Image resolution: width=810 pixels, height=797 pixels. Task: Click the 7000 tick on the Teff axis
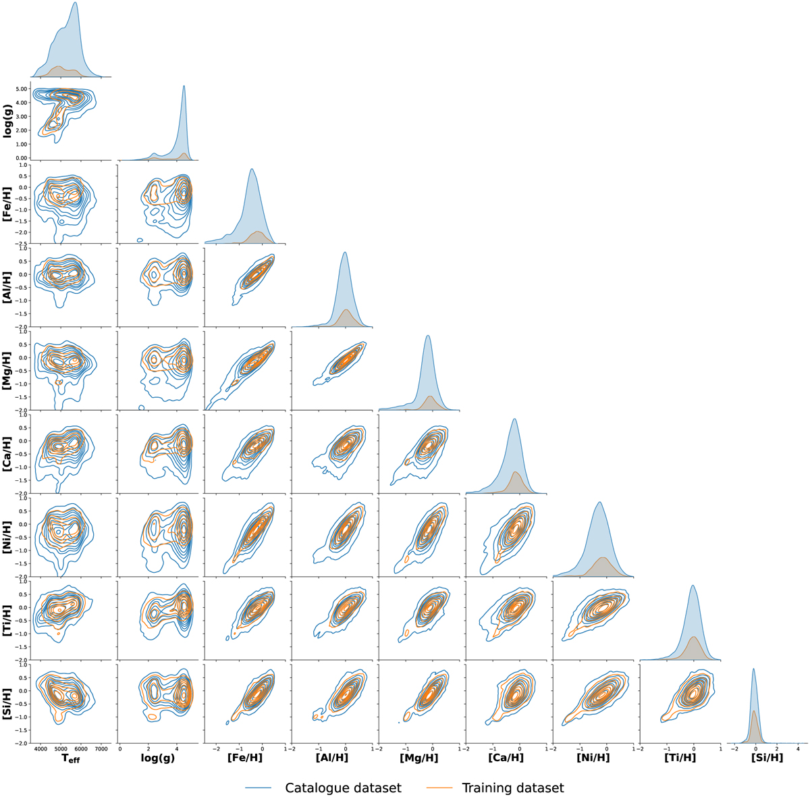[x=101, y=748]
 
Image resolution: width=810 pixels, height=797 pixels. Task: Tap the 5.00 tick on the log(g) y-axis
[x=18, y=89]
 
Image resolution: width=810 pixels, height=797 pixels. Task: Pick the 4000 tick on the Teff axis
[x=40, y=748]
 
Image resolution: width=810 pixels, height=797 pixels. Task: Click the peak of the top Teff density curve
[x=75, y=3]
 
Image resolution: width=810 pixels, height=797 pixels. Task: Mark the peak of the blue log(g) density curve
[x=184, y=86]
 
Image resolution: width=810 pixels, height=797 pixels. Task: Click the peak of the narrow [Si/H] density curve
[x=754, y=669]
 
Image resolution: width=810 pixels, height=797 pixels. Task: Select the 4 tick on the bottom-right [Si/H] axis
[x=798, y=748]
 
